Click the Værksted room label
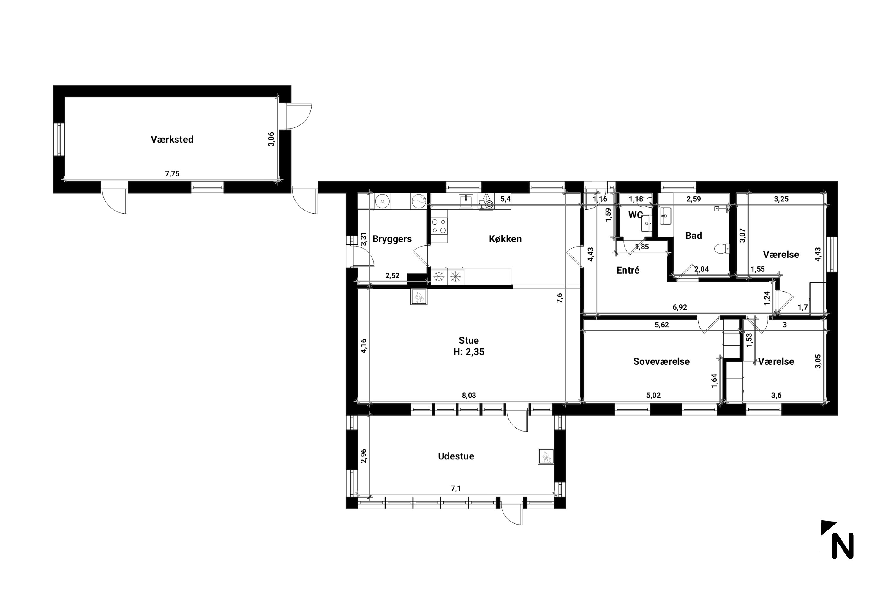click(172, 139)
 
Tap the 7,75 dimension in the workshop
click(172, 174)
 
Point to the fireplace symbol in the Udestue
click(546, 456)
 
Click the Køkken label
click(505, 239)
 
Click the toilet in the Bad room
click(721, 249)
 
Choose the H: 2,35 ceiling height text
click(469, 352)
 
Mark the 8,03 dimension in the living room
click(469, 396)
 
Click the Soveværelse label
click(661, 361)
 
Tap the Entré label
click(628, 271)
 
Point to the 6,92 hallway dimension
click(680, 307)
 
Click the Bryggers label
click(392, 239)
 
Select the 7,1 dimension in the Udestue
click(456, 489)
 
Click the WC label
click(635, 215)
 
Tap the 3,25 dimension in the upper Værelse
click(781, 199)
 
